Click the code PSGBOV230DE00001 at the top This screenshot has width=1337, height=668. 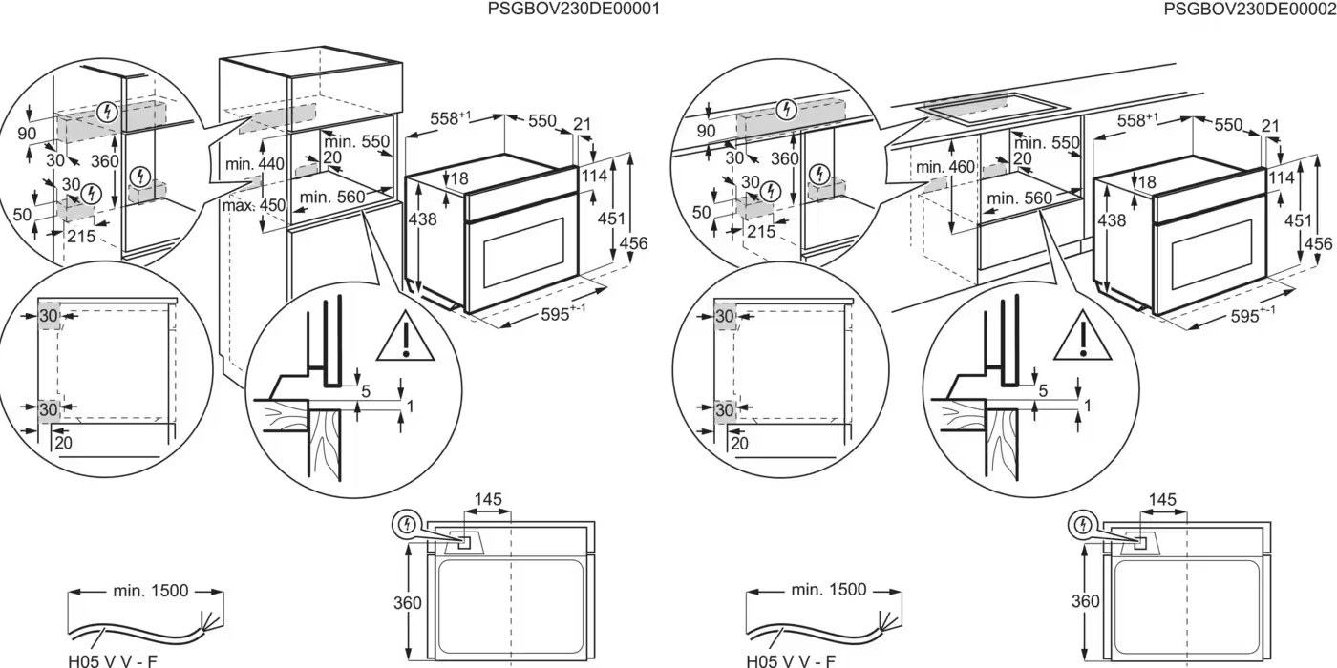(573, 9)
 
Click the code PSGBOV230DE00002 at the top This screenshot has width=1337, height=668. (1249, 9)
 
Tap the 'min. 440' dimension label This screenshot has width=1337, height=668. (255, 165)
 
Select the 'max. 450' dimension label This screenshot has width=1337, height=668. (255, 205)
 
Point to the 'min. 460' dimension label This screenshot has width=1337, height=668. (944, 167)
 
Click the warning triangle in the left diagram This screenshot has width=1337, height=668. (405, 336)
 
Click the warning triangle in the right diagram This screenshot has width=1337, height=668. (1083, 336)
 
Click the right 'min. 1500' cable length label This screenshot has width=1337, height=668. (828, 590)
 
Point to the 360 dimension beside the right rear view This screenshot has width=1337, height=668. (1084, 601)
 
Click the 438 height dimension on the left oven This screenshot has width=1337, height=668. (422, 219)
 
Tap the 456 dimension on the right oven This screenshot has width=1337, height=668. (1318, 244)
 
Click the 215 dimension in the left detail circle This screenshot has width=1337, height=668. (81, 237)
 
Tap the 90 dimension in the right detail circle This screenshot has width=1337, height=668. (707, 131)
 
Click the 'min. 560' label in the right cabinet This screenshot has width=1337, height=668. (1020, 198)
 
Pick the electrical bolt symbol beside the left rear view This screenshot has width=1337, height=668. (408, 523)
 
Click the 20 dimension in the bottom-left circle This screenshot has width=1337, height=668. (63, 441)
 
